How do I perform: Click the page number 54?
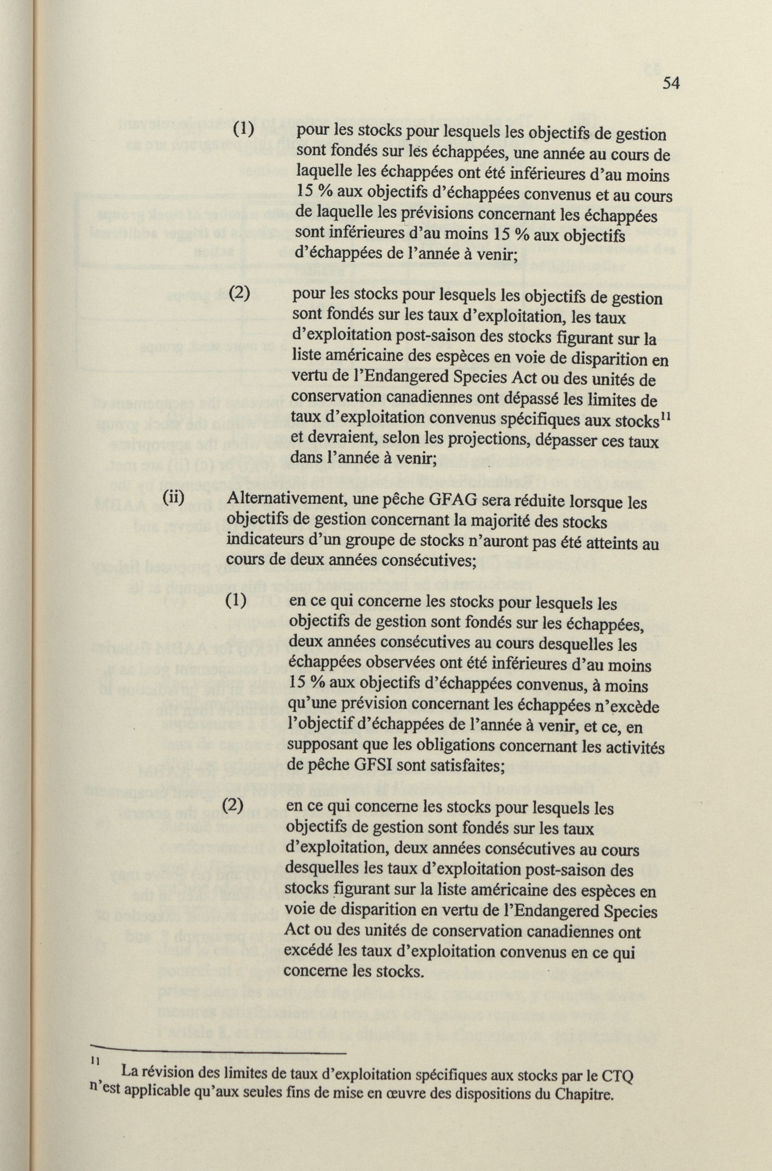671,84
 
